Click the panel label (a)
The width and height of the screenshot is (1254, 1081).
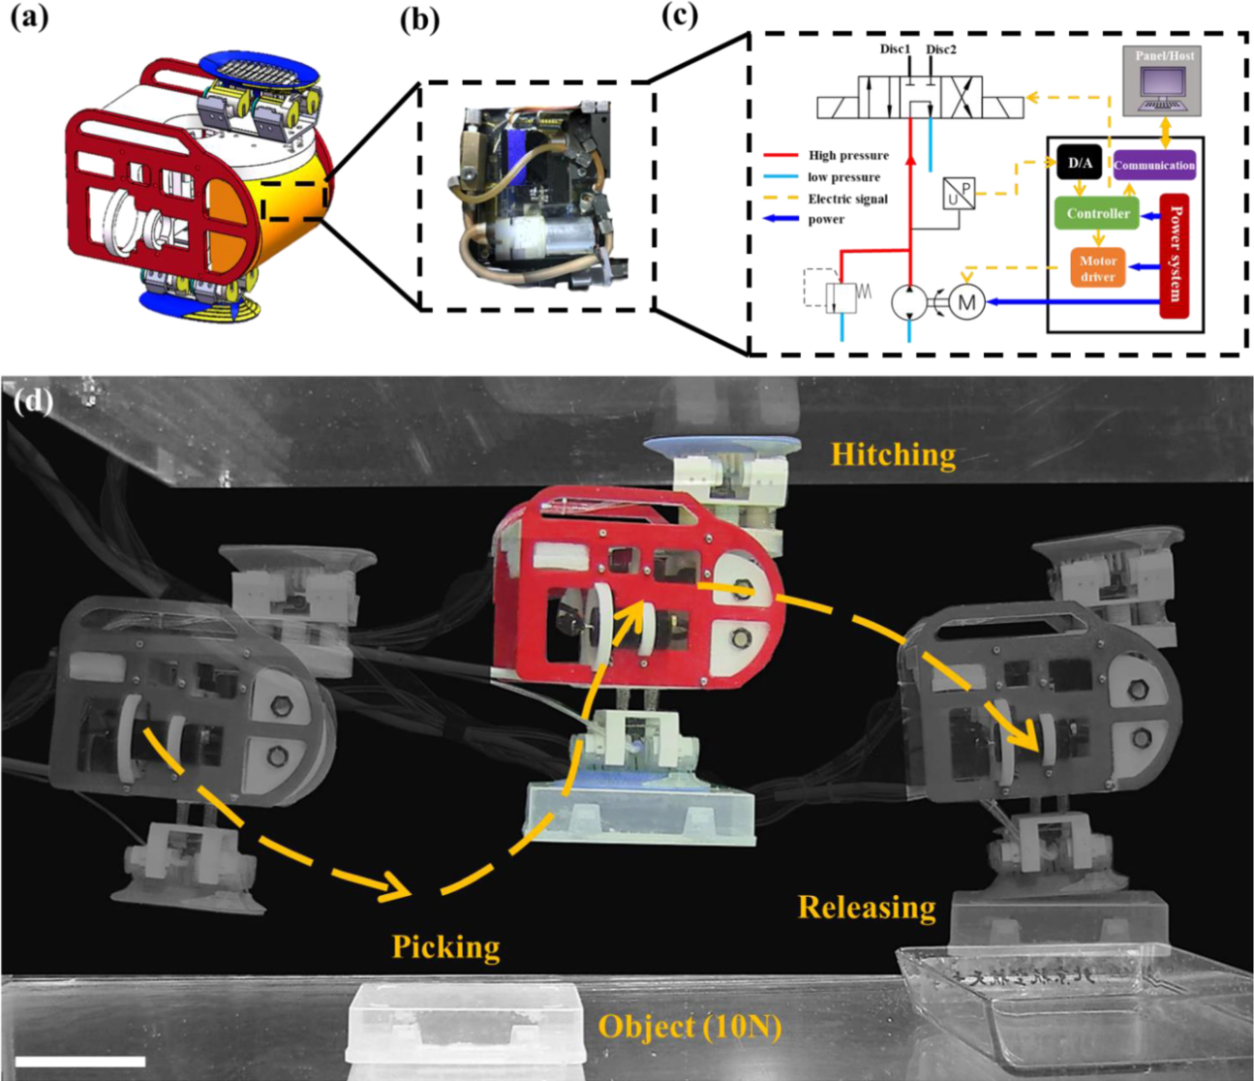tap(29, 16)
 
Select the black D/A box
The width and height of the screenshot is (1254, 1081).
tap(1080, 164)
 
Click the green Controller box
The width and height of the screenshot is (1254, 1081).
tap(1098, 213)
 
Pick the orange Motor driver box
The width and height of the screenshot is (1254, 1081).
tap(1098, 268)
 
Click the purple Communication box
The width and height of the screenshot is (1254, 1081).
tap(1154, 165)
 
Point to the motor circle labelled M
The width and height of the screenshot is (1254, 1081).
tap(965, 303)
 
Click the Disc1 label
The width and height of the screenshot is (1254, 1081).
tap(895, 49)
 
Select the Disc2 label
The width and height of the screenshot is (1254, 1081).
tap(941, 49)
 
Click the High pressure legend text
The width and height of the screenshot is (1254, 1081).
tap(848, 155)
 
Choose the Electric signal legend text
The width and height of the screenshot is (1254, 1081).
tap(847, 199)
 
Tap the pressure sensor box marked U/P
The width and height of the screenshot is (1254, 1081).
tap(959, 194)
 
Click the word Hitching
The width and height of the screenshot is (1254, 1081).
tap(893, 453)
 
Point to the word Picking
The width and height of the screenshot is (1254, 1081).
tap(445, 945)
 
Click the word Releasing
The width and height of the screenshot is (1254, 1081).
tap(867, 907)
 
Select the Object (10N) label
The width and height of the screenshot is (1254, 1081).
tap(688, 1026)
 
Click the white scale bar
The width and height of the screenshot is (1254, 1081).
tap(80, 1062)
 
